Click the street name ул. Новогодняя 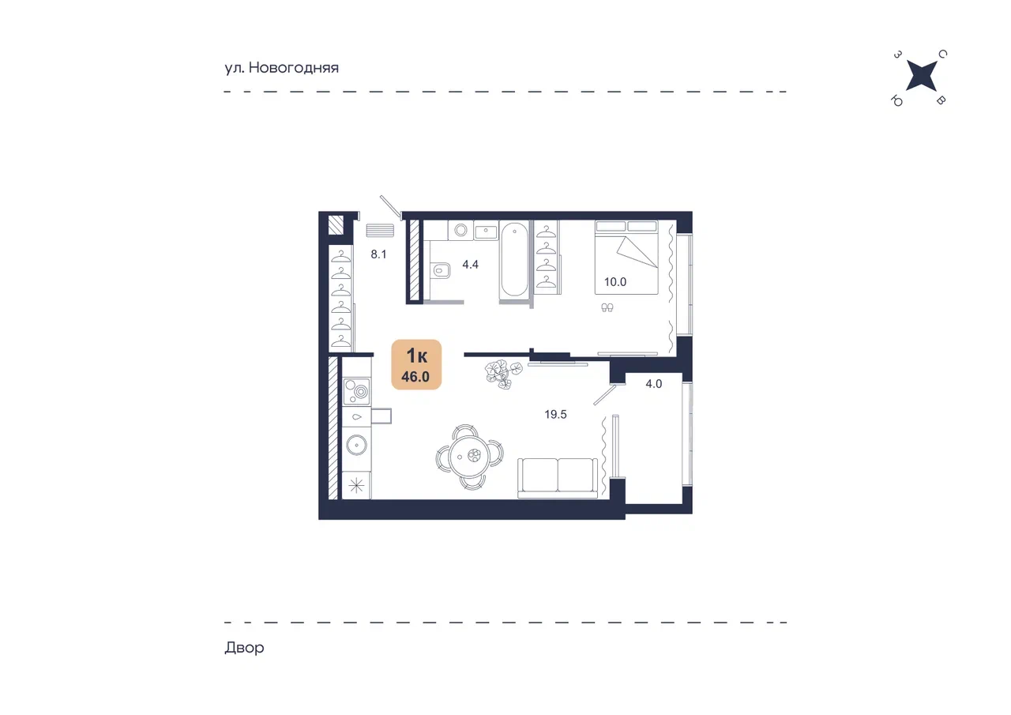coord(282,68)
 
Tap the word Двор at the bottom coord(244,648)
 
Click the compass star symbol coord(921,76)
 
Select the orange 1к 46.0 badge coord(416,364)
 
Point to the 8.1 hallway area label coord(378,254)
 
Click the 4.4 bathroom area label coord(470,265)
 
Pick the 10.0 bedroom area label coord(615,282)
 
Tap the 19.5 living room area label coord(555,414)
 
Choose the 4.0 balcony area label coord(653,384)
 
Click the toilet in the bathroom coord(441,271)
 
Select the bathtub coord(514,259)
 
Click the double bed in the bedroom coord(626,258)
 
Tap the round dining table coord(469,457)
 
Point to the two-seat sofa coord(558,478)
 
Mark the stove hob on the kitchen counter coord(356,391)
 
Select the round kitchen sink coord(356,445)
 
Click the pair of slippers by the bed coord(607,308)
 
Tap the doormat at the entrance coord(380,231)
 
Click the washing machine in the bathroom coord(460,231)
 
